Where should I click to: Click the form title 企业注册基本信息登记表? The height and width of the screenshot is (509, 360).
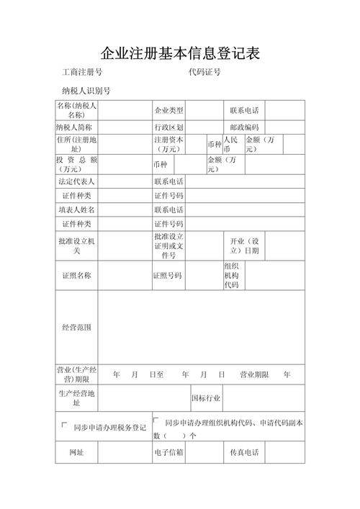pos(179,53)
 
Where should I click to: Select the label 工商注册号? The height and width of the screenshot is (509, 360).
pos(81,73)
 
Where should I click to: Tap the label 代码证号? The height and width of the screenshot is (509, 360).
pos(204,73)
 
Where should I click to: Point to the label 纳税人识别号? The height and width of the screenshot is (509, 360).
pos(86,91)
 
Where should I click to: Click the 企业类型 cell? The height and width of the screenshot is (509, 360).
pos(168,111)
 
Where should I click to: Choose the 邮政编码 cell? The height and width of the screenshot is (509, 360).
pos(245,127)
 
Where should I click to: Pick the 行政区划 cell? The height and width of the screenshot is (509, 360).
pos(168,127)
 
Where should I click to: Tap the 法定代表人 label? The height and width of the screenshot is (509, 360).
pos(76,181)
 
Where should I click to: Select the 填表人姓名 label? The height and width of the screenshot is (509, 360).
pos(76,210)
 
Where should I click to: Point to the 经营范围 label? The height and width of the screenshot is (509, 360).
pos(76,328)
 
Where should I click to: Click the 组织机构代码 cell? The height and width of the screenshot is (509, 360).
pos(231,276)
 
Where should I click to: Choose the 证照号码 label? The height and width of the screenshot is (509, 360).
pos(167,276)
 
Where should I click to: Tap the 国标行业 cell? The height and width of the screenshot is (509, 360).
pos(206,397)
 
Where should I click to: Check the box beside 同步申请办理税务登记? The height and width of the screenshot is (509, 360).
pos(64,425)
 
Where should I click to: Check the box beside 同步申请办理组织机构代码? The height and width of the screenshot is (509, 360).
pos(156,420)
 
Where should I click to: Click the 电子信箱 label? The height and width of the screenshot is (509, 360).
pos(168,453)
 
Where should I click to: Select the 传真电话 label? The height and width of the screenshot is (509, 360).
pos(244,453)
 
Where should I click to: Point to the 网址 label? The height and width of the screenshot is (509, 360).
pos(76,453)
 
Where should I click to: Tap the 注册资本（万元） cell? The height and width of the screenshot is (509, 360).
pos(168,144)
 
